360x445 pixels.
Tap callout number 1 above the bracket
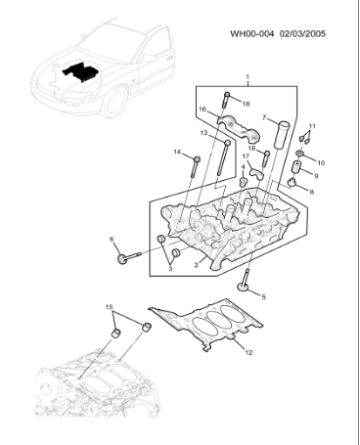(247, 77)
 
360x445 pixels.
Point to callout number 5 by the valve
(263, 295)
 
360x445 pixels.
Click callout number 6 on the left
(112, 239)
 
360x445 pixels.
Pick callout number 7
(263, 118)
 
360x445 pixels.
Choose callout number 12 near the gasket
(248, 352)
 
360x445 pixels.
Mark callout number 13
(203, 133)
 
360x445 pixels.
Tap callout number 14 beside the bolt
(178, 152)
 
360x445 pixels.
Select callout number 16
(202, 110)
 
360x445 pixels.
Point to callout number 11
(313, 126)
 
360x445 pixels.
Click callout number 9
(316, 176)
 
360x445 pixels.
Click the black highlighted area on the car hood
(77, 72)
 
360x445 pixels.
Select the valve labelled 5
(244, 285)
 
